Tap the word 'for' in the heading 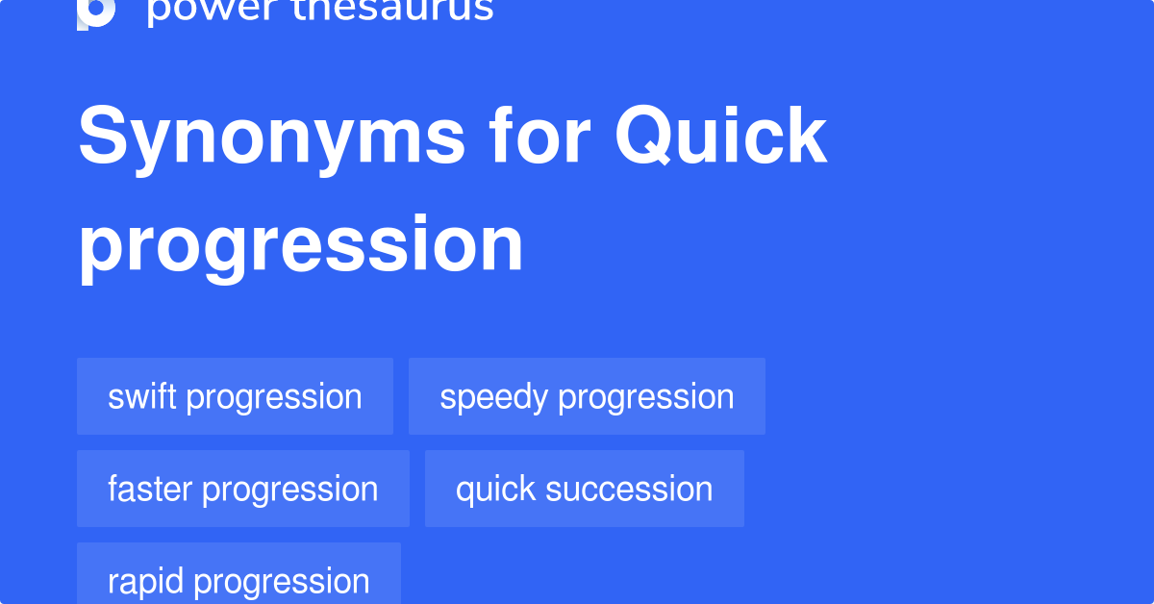[540, 138]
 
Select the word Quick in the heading [721, 138]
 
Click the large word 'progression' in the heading [301, 245]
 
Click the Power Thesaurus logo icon [96, 12]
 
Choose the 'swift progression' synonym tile [235, 396]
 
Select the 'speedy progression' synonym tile [587, 396]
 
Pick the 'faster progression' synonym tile [242, 489]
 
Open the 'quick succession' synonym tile [584, 489]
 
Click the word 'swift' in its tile [142, 396]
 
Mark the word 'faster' [150, 489]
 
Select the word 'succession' [629, 489]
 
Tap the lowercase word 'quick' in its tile [495, 490]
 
